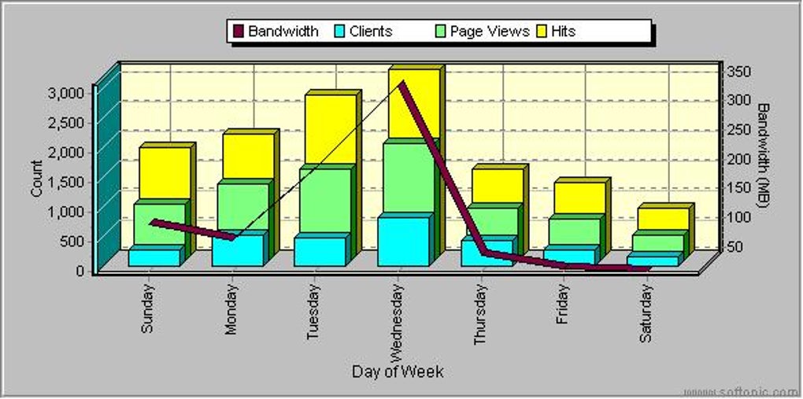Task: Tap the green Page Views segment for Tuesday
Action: pos(325,201)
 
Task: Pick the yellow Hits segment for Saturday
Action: pos(663,219)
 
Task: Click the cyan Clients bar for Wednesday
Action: pos(404,241)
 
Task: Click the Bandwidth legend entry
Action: pos(276,31)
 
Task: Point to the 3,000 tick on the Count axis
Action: pos(66,92)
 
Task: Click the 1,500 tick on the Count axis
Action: pos(66,181)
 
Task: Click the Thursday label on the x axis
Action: pos(481,314)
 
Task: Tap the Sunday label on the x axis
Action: pos(148,308)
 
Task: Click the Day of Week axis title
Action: pos(398,371)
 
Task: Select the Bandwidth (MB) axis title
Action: pos(764,155)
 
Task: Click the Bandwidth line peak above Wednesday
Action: pos(401,83)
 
